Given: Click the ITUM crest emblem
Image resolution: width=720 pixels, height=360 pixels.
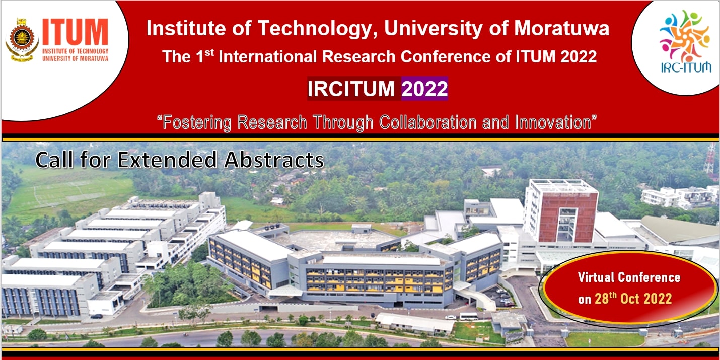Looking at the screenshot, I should click(22, 40).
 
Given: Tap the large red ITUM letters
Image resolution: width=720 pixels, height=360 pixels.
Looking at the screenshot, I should click(75, 33).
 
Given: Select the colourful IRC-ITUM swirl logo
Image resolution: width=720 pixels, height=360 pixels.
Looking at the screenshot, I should click(684, 37).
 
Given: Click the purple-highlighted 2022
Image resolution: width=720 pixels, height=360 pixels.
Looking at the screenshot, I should click(424, 89).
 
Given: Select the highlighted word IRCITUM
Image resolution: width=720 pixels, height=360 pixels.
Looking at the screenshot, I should click(351, 89).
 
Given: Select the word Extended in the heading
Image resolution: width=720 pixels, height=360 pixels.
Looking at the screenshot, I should click(169, 160).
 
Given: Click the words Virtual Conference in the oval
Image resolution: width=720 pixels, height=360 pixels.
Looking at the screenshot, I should click(629, 277).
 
